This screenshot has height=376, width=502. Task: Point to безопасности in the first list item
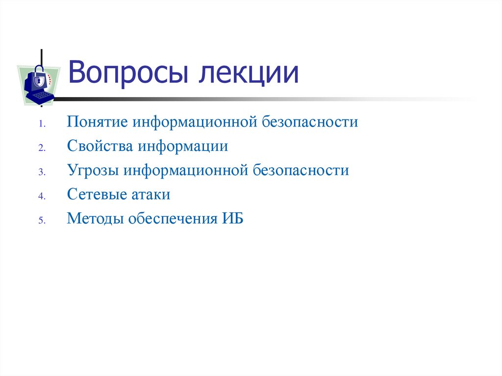click(x=310, y=122)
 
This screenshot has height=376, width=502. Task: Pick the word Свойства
click(x=100, y=146)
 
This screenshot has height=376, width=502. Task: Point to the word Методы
click(x=95, y=219)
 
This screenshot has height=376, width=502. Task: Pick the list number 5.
click(x=42, y=221)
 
